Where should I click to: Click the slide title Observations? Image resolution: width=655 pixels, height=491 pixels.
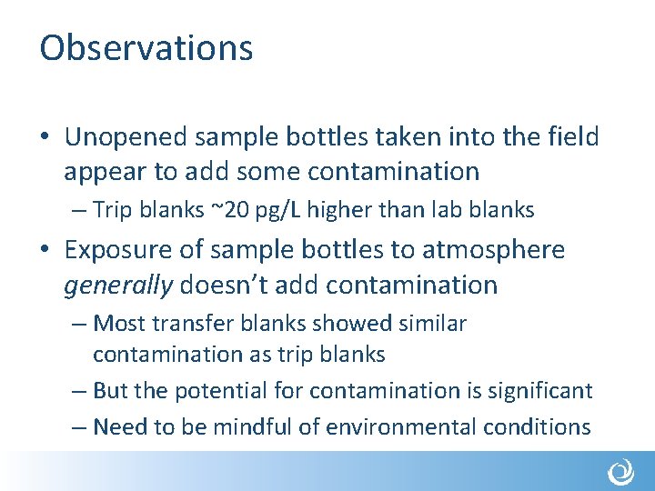(x=146, y=48)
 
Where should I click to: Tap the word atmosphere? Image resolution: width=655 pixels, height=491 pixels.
(x=492, y=250)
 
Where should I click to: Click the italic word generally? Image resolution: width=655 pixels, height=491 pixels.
(x=118, y=285)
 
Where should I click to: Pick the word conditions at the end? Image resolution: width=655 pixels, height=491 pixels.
(x=541, y=426)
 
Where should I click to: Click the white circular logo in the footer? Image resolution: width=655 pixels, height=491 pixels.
(x=621, y=473)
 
